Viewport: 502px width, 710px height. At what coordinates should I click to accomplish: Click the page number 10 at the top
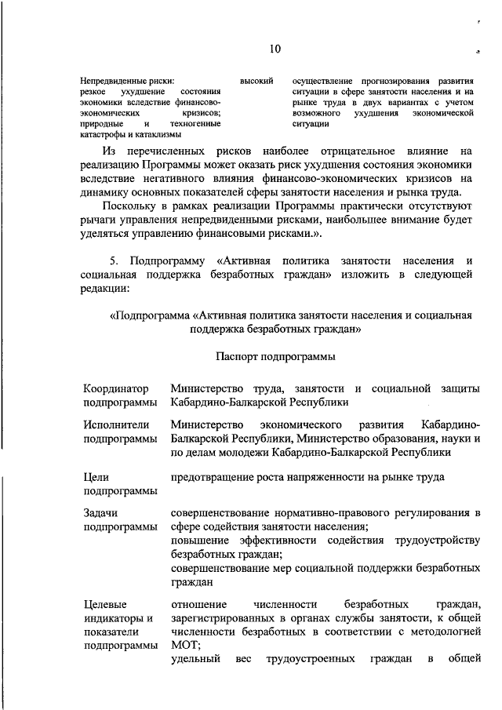click(x=275, y=49)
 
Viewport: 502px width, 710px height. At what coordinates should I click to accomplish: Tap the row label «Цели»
click(x=96, y=477)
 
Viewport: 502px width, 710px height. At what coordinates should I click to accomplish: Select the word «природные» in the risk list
click(x=100, y=125)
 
